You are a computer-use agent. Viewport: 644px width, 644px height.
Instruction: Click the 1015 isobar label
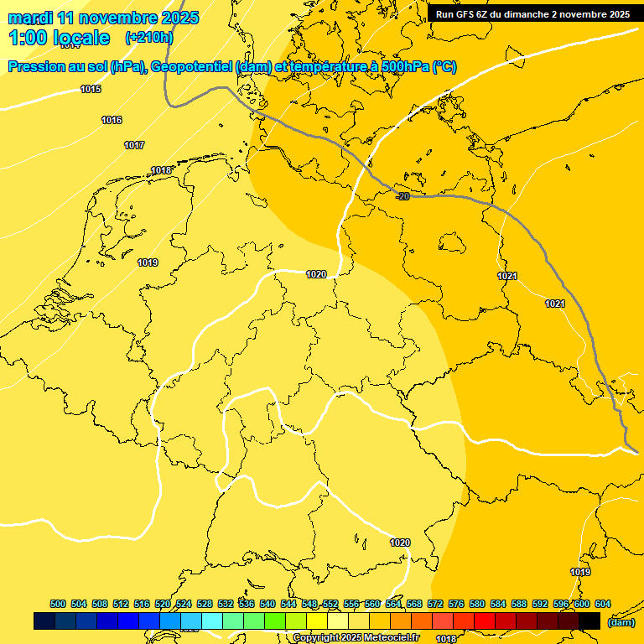coord(91,89)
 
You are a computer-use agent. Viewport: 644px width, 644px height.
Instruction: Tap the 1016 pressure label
coord(112,121)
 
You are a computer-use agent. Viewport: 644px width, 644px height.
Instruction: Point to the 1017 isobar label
coord(134,146)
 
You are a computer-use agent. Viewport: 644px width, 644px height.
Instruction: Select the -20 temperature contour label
coord(402,196)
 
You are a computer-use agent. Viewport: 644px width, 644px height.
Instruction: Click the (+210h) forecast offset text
coord(148,38)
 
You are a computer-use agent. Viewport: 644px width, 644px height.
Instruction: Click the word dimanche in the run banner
coord(527,14)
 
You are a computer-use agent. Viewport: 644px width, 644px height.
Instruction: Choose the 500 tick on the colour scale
coord(58,604)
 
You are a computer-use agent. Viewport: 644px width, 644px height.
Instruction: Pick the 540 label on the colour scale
coord(267,604)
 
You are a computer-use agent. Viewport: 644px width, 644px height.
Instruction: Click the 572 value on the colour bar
coord(435,604)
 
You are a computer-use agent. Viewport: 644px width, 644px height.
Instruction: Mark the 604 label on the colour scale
coord(602,604)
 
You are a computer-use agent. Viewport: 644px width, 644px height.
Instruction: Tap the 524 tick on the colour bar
coord(184,604)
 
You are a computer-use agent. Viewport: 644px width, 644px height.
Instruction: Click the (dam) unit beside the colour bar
coord(621,622)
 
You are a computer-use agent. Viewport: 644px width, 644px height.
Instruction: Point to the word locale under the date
coord(80,38)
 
